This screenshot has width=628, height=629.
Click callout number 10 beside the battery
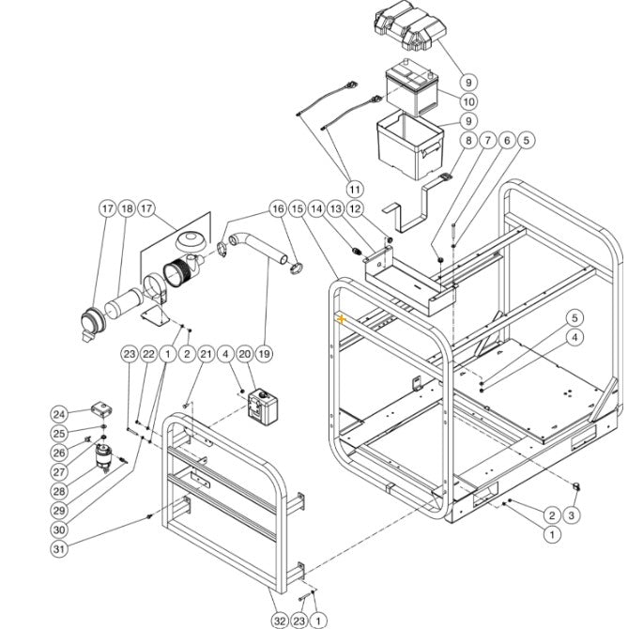(x=467, y=101)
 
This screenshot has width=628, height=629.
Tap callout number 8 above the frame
(x=467, y=141)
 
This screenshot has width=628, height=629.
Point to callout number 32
(x=279, y=620)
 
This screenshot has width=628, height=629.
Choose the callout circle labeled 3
(x=574, y=514)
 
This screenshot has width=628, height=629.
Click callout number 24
(x=59, y=415)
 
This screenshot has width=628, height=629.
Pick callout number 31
(x=59, y=549)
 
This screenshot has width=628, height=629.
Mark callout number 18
(x=128, y=207)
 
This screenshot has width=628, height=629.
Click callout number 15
(x=297, y=207)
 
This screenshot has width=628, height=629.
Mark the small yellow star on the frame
(x=343, y=320)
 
